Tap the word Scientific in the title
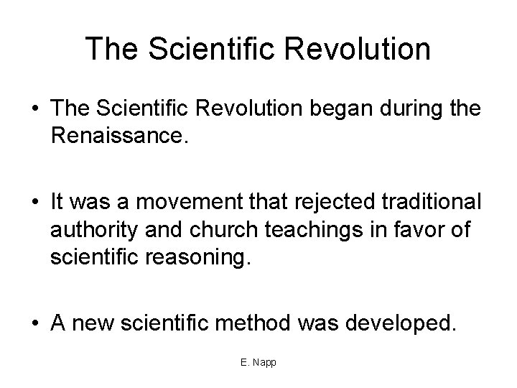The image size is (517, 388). pos(202,49)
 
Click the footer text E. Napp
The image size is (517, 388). pos(258,361)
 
